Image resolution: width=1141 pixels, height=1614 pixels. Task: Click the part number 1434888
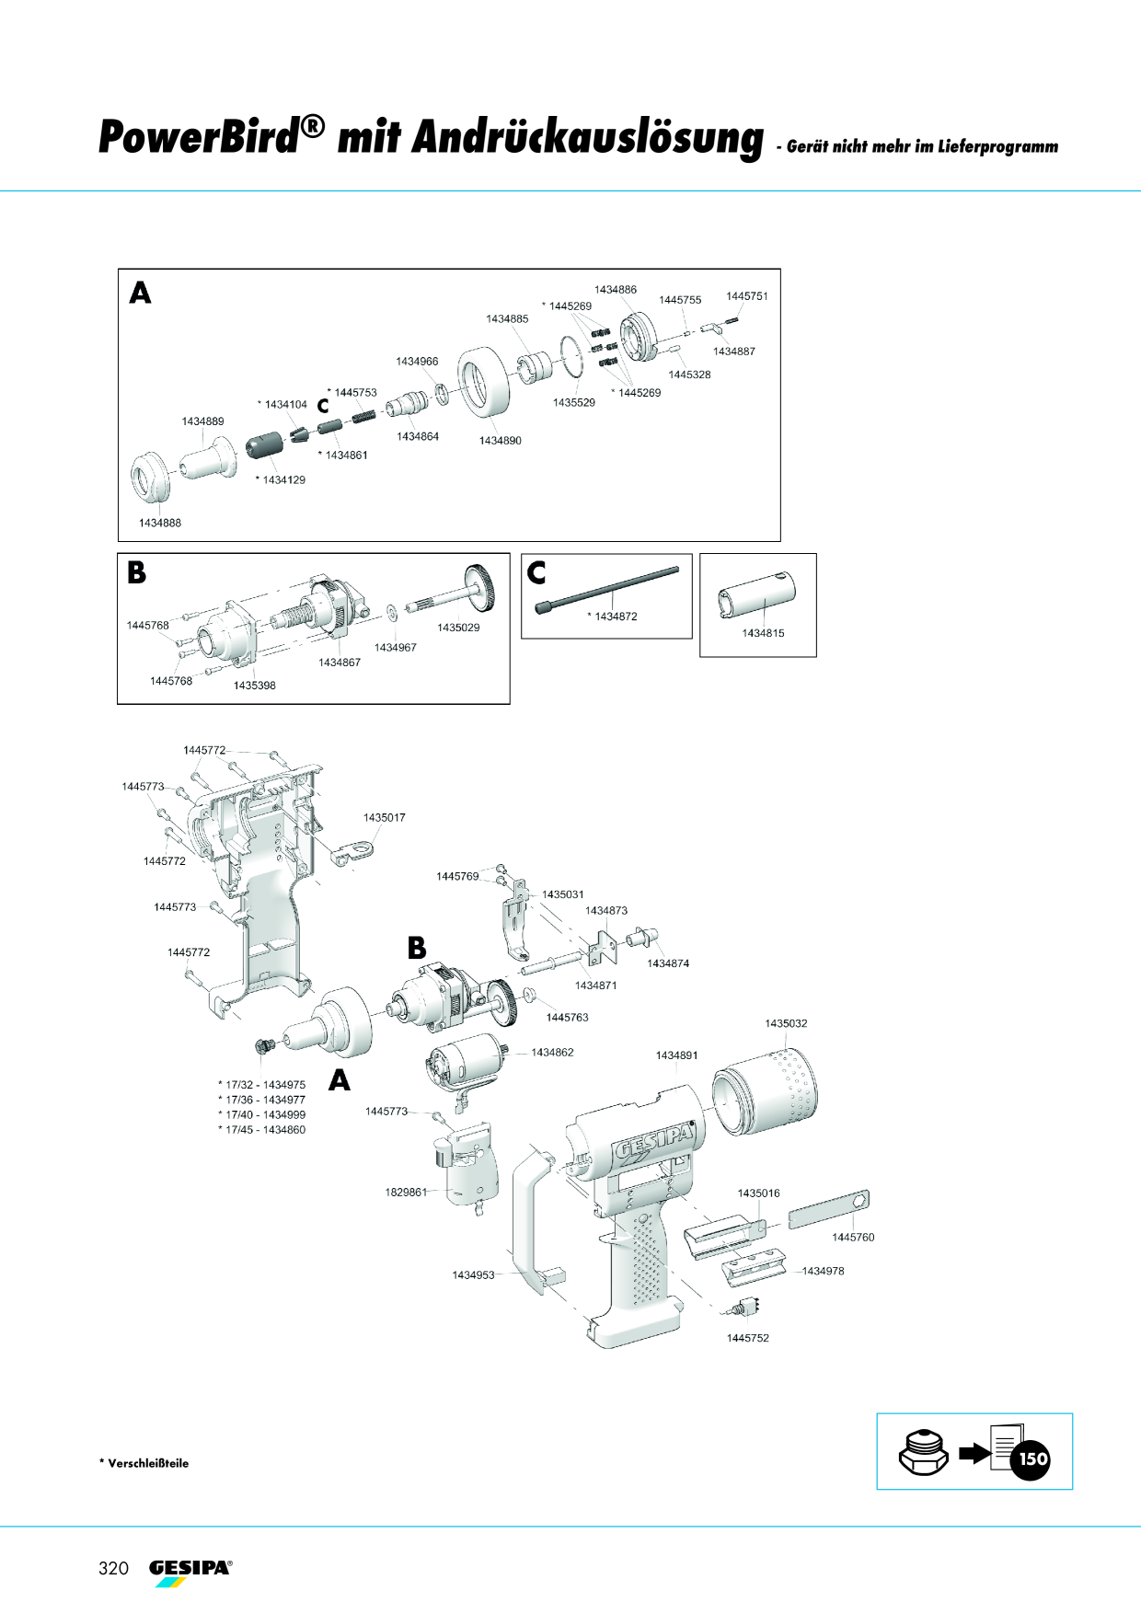(160, 523)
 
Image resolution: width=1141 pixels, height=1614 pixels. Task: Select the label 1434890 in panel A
(500, 441)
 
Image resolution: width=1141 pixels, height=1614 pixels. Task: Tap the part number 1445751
(746, 296)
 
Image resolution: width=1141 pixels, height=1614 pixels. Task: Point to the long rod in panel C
(607, 589)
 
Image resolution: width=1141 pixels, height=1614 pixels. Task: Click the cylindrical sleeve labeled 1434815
(756, 595)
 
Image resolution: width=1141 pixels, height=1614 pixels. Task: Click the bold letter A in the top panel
(140, 293)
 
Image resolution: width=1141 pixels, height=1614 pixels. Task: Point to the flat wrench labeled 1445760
(828, 1210)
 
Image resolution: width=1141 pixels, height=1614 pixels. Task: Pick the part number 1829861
(406, 1193)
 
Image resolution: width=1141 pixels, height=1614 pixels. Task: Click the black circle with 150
(1032, 1458)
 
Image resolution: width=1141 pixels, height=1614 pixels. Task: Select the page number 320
(113, 1568)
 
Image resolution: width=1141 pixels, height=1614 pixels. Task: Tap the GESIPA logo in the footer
(190, 1572)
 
